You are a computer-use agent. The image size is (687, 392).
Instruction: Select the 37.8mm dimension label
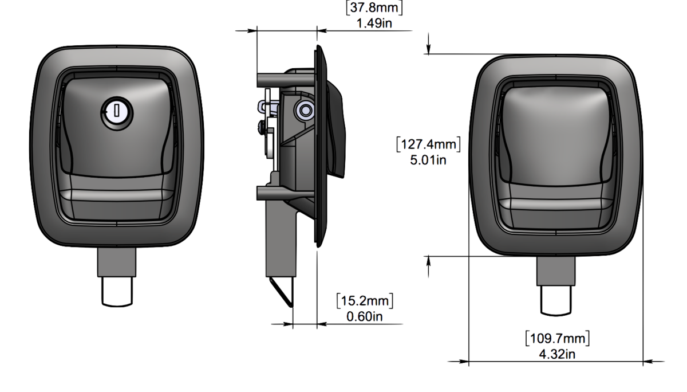374,7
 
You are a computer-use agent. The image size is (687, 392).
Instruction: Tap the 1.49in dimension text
374,23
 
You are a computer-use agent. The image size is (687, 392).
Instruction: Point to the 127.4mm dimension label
428,144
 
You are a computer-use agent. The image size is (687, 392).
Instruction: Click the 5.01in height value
428,160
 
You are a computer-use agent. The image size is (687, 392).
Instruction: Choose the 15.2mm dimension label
365,301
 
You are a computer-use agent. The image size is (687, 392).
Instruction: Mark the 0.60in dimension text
365,317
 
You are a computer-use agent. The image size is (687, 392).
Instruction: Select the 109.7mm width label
557,339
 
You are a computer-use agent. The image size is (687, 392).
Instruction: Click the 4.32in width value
557,355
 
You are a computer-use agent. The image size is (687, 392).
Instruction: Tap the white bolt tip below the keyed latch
117,292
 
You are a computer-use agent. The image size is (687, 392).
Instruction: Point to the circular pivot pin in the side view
305,111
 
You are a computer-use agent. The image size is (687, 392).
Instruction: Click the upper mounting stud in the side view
285,80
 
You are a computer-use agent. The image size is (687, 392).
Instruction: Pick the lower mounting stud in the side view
285,193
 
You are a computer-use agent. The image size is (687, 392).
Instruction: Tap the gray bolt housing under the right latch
556,271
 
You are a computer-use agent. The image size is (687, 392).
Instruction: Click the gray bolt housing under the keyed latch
117,262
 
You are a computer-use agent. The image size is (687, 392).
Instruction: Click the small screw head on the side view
262,127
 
